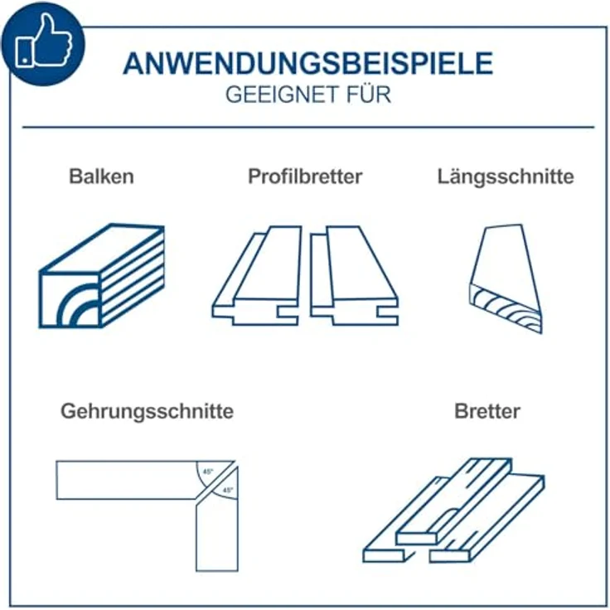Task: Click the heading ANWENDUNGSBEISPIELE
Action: point(307,64)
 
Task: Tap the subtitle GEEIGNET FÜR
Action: point(307,94)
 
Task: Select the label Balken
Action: point(101,177)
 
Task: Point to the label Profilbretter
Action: point(305,177)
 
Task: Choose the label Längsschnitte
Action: point(505,177)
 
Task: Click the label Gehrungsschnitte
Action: point(147,410)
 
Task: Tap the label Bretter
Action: point(487,410)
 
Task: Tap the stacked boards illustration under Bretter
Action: point(454,510)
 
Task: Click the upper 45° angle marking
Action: point(207,471)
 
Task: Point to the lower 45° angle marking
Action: point(227,491)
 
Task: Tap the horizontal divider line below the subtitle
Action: point(307,128)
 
